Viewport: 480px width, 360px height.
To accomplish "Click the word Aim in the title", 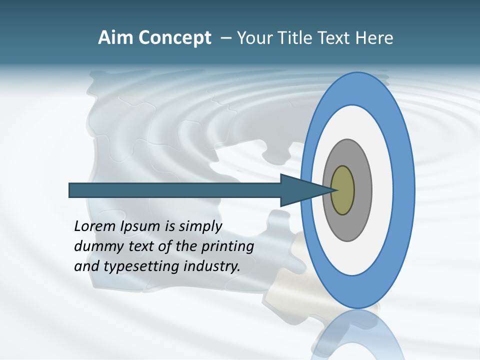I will coord(115,38).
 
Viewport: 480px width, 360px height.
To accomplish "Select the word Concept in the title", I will coord(174,38).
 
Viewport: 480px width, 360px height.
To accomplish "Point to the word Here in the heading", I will coord(374,38).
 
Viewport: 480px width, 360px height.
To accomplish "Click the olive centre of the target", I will coord(343,190).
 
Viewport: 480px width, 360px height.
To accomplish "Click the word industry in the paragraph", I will coord(211,266).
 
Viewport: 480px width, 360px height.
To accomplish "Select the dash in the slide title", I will coord(225,38).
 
